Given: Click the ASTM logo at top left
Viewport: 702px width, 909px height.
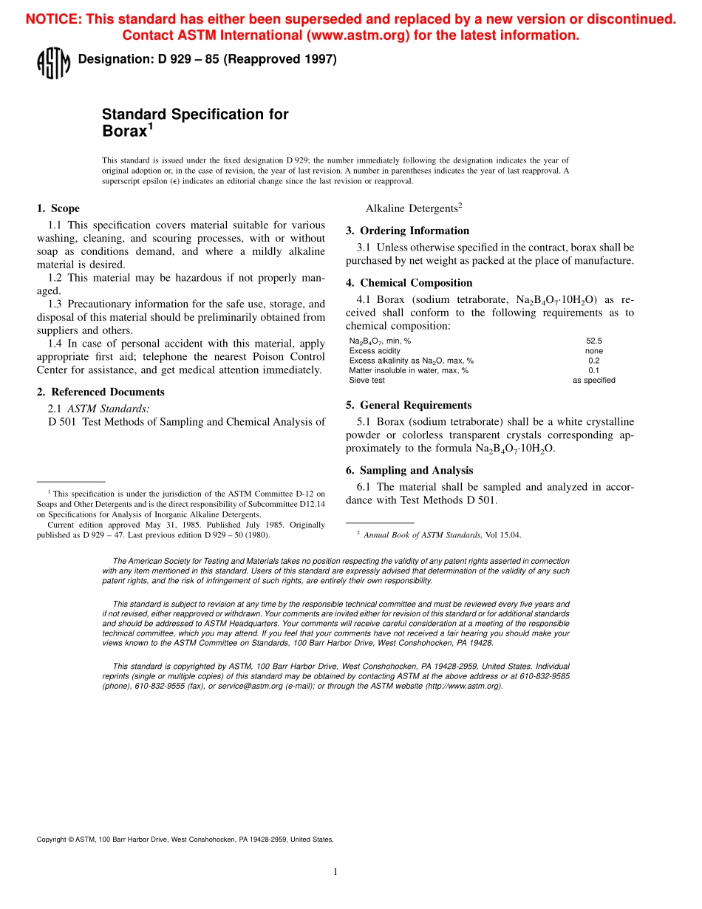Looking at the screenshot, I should coord(53,62).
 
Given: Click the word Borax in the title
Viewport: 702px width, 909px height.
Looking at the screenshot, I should coord(124,132).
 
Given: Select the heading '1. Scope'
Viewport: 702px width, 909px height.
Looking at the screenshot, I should coord(58,208).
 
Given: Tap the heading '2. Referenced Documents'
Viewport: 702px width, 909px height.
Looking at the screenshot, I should coord(100,392).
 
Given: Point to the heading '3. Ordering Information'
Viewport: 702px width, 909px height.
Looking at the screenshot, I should coord(407,231).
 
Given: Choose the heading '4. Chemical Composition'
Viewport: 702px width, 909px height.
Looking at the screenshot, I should coord(409,282).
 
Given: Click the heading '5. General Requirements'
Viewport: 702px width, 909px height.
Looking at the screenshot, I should coord(408,405).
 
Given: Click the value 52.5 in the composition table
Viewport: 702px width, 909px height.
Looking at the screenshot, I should coord(593,341).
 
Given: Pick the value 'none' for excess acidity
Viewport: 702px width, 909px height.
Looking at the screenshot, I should coord(593,351).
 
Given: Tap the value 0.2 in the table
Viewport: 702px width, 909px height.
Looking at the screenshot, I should coord(593,361).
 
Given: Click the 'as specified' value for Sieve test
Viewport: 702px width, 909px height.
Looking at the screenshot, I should coord(593,381).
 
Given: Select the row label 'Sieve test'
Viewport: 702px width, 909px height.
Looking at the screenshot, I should coord(367,381).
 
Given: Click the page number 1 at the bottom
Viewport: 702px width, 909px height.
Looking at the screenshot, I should coord(335,871).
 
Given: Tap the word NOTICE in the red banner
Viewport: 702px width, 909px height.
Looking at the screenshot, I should coord(52,20).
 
